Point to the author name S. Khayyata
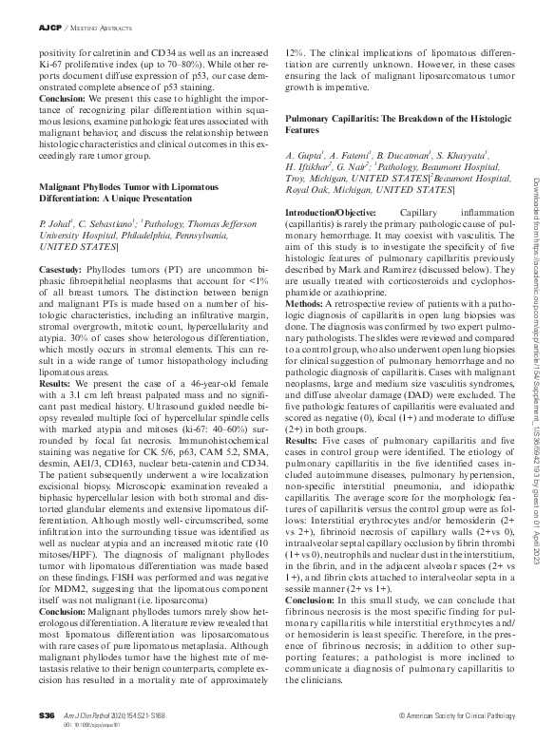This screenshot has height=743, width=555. coord(461,155)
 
